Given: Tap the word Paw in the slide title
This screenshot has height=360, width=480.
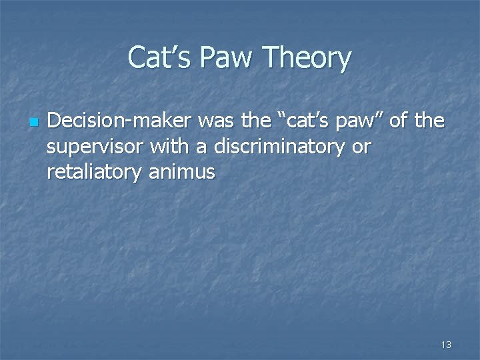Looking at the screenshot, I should pyautogui.click(x=232, y=58).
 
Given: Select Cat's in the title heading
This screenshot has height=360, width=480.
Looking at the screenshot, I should pyautogui.click(x=160, y=58).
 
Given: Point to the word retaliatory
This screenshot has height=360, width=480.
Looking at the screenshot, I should pyautogui.click(x=94, y=172).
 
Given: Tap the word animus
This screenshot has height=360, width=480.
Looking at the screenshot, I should pyautogui.click(x=182, y=172).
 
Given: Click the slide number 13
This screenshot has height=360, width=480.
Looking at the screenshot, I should pyautogui.click(x=446, y=345).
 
